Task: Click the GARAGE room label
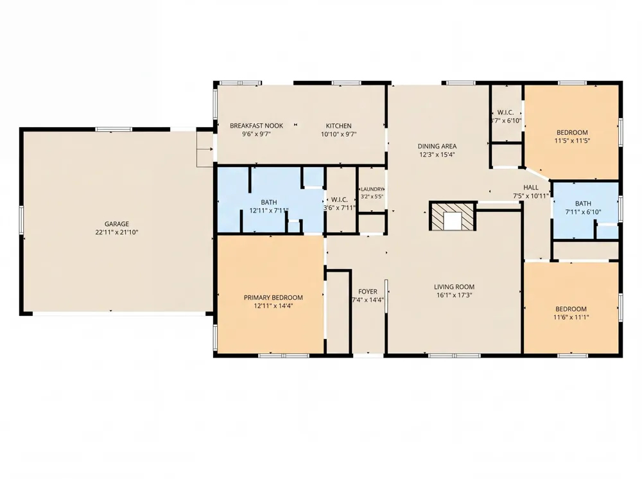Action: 117,224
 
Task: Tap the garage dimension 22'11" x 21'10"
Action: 117,232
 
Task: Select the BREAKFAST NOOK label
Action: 256,126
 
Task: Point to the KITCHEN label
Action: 338,126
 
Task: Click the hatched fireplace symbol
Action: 453,215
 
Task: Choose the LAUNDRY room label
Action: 372,189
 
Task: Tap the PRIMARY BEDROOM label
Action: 273,298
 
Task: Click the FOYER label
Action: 368,292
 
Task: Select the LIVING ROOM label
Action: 454,287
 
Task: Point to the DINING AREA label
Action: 437,146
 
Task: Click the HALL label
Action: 531,187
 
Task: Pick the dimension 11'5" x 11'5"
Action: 572,141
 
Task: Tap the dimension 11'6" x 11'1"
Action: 571,317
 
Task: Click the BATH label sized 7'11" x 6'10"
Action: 583,204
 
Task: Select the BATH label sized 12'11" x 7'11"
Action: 268,202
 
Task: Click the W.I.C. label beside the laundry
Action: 339,200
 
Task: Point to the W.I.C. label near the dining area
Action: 505,112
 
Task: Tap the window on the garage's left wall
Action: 21,220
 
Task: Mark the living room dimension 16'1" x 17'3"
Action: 454,295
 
